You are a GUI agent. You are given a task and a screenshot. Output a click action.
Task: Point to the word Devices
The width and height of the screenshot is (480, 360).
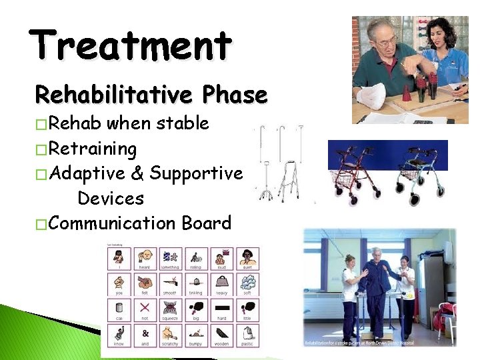pos(111,199)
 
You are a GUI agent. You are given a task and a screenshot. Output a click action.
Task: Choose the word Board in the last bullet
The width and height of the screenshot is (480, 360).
pos(206,223)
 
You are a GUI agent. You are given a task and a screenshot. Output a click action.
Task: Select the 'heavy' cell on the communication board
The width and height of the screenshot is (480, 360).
pos(221,285)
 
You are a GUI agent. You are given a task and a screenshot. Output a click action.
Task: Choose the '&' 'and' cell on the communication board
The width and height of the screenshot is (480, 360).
pos(145,334)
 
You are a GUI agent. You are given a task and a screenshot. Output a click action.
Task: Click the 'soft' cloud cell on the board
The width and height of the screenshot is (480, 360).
pos(247,285)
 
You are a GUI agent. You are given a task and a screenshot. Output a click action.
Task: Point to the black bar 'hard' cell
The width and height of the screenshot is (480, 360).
pos(221,309)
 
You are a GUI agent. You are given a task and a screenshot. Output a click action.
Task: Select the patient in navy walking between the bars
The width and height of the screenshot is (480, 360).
pos(379,287)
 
